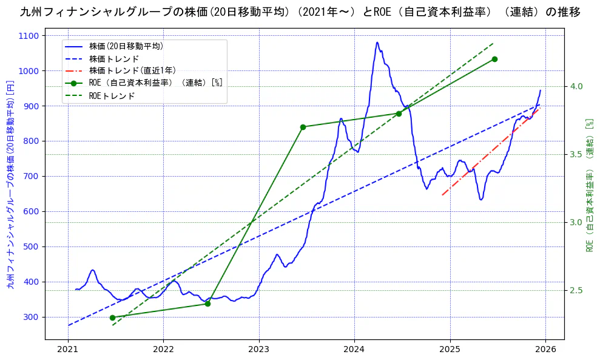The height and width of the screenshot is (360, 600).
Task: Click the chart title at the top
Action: coord(300,12)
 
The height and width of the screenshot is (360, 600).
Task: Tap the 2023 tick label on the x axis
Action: coord(258,349)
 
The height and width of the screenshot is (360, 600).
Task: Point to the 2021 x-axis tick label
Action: coord(67,349)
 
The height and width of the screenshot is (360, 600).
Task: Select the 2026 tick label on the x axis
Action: coord(545,349)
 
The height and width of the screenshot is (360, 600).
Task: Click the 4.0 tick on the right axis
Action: coord(575,87)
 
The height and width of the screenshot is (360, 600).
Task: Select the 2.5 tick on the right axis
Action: coord(575,290)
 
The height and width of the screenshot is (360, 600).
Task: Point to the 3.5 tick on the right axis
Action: coord(575,155)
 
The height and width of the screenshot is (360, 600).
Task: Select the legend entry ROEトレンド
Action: coord(112,96)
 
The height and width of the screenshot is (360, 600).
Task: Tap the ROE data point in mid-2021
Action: coord(112,318)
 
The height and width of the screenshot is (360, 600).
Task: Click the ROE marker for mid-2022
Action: coord(207,304)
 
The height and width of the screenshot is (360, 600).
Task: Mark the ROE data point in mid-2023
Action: coord(303,127)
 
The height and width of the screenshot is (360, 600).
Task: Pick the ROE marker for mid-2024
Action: coord(399,114)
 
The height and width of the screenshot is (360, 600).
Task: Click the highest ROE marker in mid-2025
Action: coord(494,59)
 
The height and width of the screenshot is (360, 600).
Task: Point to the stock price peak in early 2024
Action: coord(377,42)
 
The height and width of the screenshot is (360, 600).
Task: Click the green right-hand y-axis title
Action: coord(590,185)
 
